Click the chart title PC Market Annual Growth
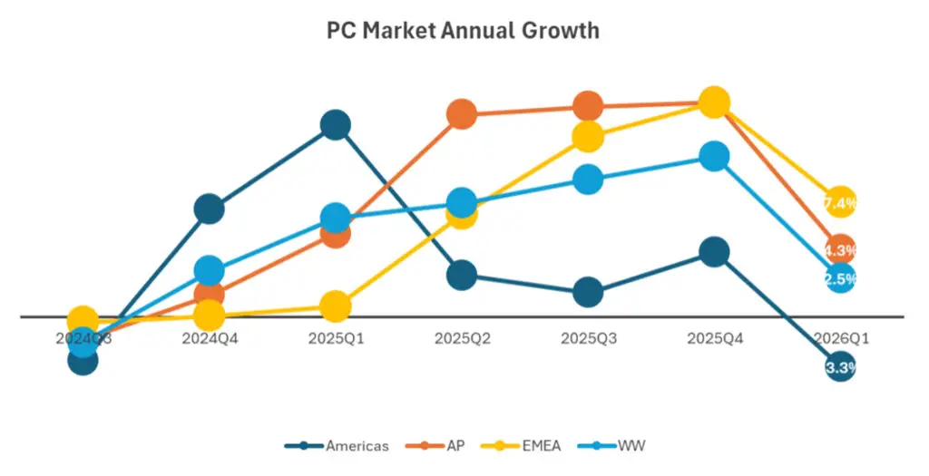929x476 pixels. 463,30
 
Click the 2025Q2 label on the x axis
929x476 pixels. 462,338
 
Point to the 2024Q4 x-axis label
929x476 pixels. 210,338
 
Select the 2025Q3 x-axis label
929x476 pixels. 588,338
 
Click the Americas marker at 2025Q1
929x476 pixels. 336,125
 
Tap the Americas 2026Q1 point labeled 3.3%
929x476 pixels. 840,367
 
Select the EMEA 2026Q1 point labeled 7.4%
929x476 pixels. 840,202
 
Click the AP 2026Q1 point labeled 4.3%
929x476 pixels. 840,249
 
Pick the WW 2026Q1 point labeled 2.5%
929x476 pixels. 840,278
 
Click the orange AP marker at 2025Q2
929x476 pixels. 462,114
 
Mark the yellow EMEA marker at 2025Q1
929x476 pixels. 336,306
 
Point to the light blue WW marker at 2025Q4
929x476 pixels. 714,157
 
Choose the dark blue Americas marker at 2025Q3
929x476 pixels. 588,293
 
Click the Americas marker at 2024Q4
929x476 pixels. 210,209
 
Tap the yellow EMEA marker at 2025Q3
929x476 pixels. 588,137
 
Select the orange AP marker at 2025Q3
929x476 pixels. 588,106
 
